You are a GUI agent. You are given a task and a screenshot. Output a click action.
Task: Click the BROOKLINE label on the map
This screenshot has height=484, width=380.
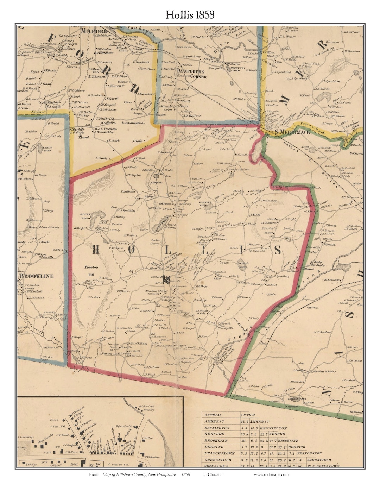37,276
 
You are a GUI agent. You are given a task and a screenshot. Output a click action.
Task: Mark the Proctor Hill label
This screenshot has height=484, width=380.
91,270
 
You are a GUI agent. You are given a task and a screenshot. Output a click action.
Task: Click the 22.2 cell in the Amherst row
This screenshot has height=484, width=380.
245,421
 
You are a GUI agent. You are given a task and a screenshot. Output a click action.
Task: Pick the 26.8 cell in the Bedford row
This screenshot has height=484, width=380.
245,434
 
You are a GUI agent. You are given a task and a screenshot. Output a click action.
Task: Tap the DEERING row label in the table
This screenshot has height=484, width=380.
214,447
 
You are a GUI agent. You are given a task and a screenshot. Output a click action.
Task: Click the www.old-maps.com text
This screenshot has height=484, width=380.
271,474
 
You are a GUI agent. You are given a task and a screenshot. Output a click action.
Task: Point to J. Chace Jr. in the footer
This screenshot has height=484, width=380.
214,474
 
